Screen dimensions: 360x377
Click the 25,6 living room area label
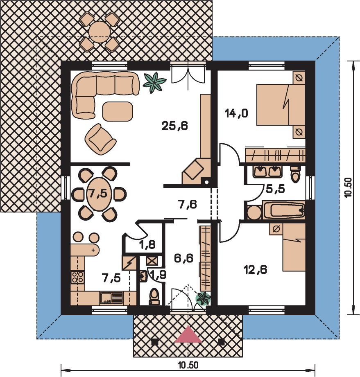175,126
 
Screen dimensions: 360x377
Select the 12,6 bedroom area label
255,270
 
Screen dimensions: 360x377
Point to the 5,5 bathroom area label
276,189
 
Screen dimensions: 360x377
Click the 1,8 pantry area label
147,245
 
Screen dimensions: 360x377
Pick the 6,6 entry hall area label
183,258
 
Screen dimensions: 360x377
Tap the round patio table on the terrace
100,32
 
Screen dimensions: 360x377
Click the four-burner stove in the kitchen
77,277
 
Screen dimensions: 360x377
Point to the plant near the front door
204,299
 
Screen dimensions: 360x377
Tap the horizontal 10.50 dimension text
188,365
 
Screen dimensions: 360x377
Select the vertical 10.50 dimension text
348,187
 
